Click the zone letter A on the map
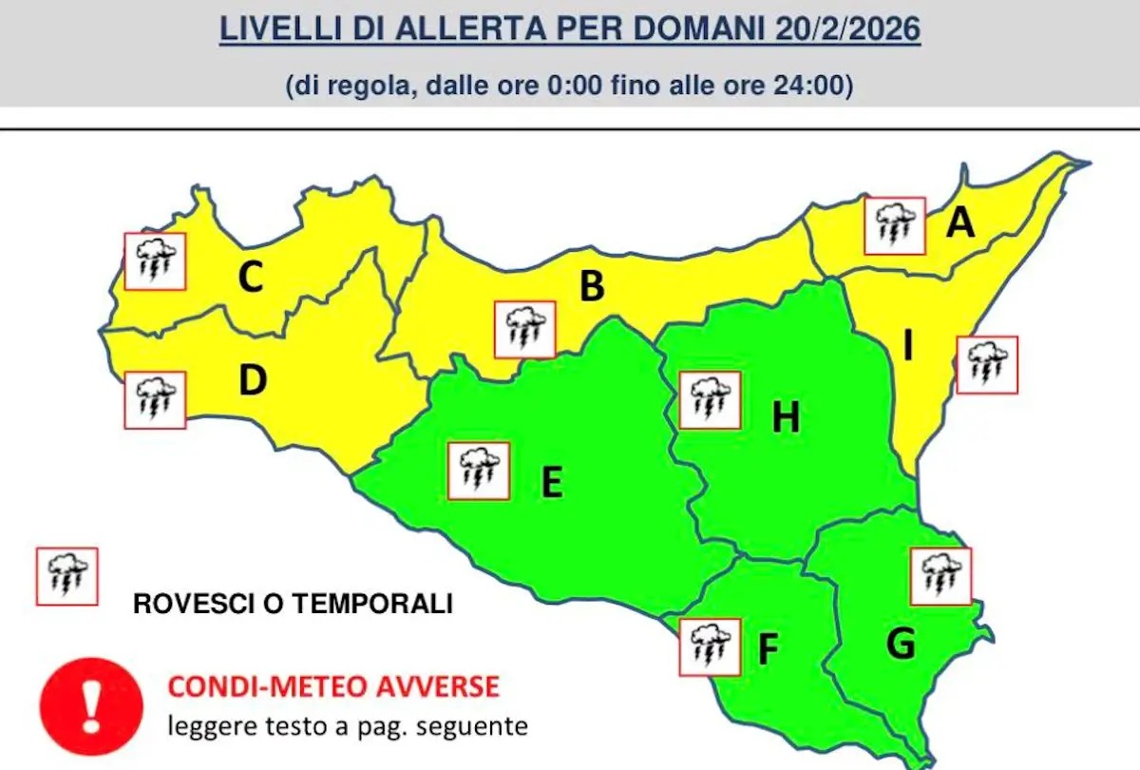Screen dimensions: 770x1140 pyautogui.click(x=961, y=223)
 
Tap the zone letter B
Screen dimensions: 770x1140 pyautogui.click(x=592, y=285)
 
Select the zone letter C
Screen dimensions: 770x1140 pyautogui.click(x=250, y=278)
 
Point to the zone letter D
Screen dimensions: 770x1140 pyautogui.click(x=253, y=380)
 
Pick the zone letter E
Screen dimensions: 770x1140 pyautogui.click(x=552, y=482)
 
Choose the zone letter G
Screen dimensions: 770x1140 pyautogui.click(x=900, y=645)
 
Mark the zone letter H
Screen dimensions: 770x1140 pyautogui.click(x=786, y=416)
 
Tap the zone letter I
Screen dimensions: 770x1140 pyautogui.click(x=908, y=348)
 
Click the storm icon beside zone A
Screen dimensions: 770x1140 pyautogui.click(x=894, y=226)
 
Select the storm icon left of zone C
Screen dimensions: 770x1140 pyautogui.click(x=155, y=260)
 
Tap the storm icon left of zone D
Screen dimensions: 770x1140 pyautogui.click(x=155, y=399)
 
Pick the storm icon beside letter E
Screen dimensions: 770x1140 pyautogui.click(x=479, y=471)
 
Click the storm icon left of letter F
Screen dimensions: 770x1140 pyautogui.click(x=710, y=646)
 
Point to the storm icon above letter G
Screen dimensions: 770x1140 pyautogui.click(x=940, y=576)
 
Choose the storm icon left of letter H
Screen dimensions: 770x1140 pyautogui.click(x=710, y=399)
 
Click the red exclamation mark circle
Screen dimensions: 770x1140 pyautogui.click(x=91, y=704)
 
